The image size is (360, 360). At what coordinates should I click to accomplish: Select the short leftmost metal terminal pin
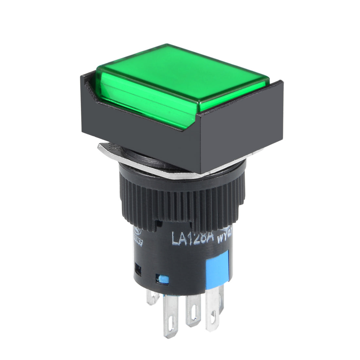coord(152,296)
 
